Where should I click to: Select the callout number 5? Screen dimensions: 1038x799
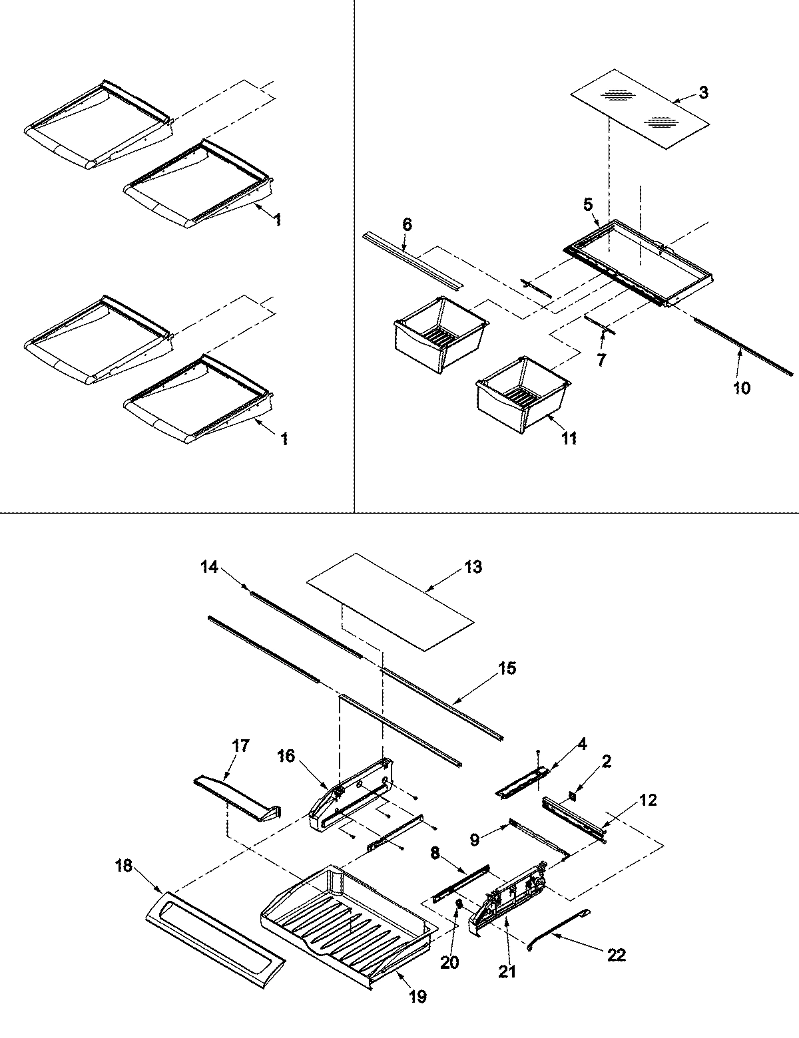[588, 205]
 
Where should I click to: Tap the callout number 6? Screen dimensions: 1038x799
[407, 226]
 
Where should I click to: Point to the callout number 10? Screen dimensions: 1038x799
[741, 387]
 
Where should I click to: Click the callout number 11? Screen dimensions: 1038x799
[569, 438]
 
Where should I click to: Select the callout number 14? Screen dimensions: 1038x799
[209, 567]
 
